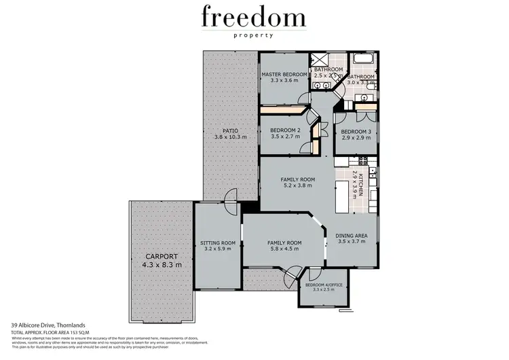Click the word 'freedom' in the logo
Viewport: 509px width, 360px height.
[254, 16]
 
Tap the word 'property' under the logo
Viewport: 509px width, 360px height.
[254, 35]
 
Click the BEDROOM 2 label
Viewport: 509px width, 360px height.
[285, 130]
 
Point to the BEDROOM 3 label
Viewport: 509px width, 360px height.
[355, 132]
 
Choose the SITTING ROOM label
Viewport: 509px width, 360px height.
[218, 242]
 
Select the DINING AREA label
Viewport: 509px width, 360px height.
[351, 235]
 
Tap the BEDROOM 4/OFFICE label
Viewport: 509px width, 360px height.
[324, 285]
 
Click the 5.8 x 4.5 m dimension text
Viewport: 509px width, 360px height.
[285, 249]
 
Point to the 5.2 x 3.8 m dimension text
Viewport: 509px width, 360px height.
[299, 186]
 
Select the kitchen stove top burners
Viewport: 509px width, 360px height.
[363, 161]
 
